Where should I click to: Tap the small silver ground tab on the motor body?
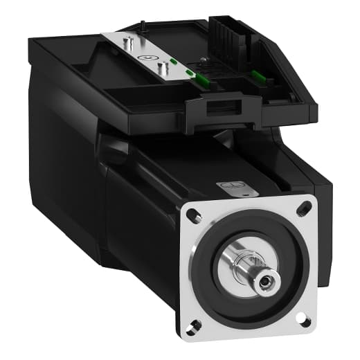229,186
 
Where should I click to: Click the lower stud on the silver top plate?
163,68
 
